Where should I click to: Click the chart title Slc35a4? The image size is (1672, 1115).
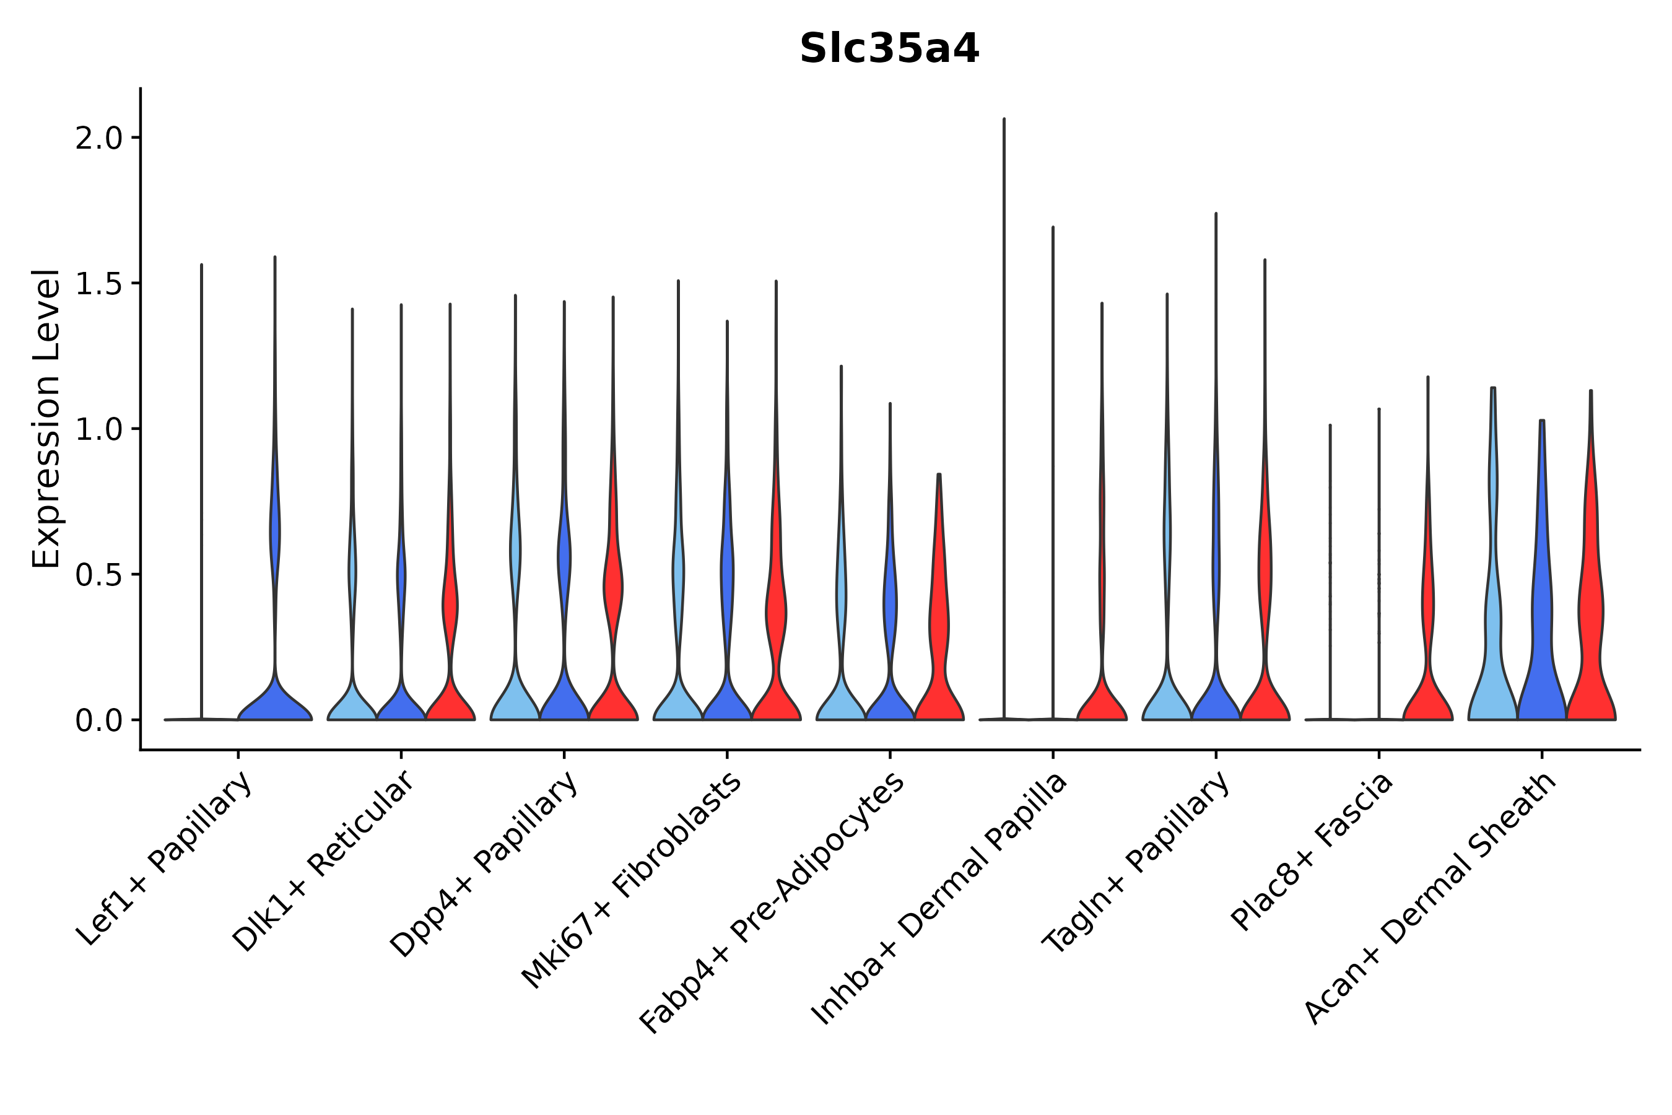(x=889, y=49)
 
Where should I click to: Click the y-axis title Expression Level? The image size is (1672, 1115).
(x=46, y=418)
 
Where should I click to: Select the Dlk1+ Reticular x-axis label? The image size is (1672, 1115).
(x=323, y=862)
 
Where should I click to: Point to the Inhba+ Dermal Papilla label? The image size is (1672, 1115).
(x=939, y=899)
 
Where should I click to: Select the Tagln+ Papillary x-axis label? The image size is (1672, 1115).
(x=1135, y=862)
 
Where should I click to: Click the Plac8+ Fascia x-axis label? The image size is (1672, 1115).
(x=1312, y=852)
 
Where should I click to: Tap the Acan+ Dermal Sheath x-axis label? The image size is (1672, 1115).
(x=1430, y=899)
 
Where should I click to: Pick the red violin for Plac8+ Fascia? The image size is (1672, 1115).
(x=1427, y=683)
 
